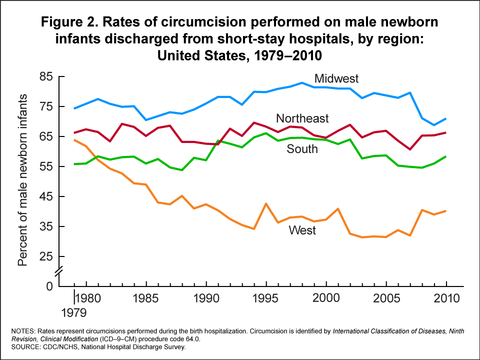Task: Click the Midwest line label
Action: point(336,78)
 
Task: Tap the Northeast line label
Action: point(302,118)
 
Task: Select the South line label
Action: point(302,148)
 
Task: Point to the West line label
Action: point(302,230)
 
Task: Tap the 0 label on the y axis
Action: point(49,286)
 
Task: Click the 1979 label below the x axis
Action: point(74,313)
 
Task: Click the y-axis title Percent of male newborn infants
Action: point(23,179)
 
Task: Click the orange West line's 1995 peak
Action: point(266,203)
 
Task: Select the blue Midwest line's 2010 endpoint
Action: point(445,118)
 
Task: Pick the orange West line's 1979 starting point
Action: point(74,140)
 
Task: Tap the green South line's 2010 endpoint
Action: point(445,156)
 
